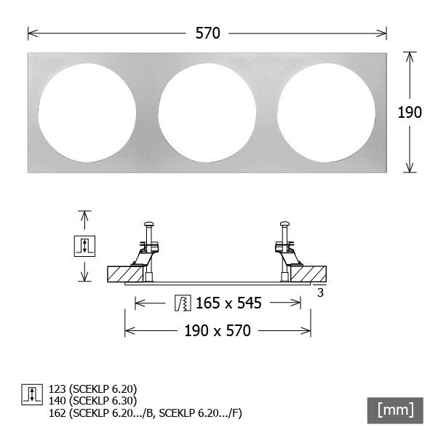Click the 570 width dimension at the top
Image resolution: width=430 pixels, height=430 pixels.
coord(207,33)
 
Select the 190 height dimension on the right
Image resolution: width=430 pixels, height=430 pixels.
coord(410,112)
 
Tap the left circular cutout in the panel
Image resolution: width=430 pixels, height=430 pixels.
coord(87,113)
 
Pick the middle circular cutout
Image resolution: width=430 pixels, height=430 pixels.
coord(207,113)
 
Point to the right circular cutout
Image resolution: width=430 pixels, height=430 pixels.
coord(326,113)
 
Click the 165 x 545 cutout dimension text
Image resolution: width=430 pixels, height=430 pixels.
coord(228,303)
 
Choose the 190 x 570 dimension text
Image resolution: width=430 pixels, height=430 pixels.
coord(218,331)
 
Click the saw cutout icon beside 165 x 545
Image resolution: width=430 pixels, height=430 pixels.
coord(183,303)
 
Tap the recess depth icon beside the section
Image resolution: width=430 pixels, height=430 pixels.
coord(84,246)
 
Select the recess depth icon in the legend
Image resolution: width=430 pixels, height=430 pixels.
coord(32,394)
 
